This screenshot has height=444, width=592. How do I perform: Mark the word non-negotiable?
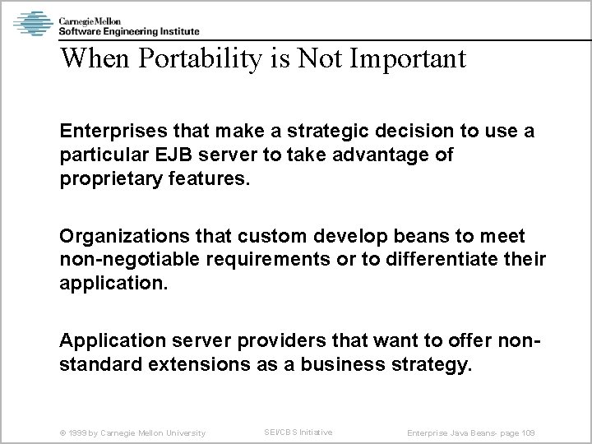click(123, 260)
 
